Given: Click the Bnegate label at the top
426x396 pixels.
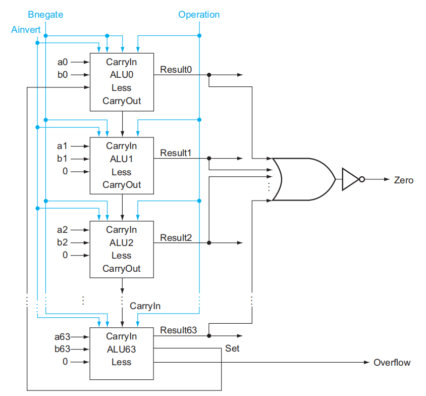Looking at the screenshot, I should click(x=45, y=15).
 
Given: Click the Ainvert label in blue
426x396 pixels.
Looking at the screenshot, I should click(x=26, y=30).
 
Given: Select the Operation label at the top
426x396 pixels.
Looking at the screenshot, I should click(x=199, y=15).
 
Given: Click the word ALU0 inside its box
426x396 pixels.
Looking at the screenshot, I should click(x=121, y=75).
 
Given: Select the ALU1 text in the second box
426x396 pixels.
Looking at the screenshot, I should click(x=121, y=159).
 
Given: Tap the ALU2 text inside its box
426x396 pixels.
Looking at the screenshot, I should click(x=121, y=242).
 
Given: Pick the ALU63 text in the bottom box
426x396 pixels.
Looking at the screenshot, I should click(x=121, y=349).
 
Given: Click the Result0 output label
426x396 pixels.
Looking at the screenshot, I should click(x=176, y=69).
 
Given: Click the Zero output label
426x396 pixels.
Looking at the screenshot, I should click(x=404, y=180).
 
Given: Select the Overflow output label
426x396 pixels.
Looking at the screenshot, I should click(x=392, y=362).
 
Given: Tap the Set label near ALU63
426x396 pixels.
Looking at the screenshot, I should click(x=232, y=349).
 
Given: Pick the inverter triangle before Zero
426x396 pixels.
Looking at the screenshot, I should click(x=350, y=179).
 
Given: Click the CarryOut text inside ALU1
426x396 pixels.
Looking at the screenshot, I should click(x=121, y=185).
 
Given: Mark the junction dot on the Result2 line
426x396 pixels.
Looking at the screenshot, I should click(x=209, y=242).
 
